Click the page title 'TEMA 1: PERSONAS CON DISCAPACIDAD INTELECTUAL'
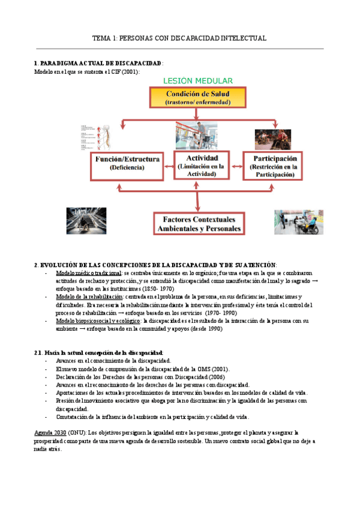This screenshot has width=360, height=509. [x=179, y=38]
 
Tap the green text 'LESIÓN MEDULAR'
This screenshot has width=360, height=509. [x=197, y=81]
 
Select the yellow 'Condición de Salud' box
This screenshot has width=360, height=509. [x=197, y=98]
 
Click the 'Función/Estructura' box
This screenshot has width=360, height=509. [x=127, y=163]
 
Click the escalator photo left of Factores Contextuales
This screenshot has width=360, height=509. [x=87, y=221]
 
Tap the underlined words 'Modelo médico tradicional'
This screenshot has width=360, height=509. [x=88, y=273]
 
